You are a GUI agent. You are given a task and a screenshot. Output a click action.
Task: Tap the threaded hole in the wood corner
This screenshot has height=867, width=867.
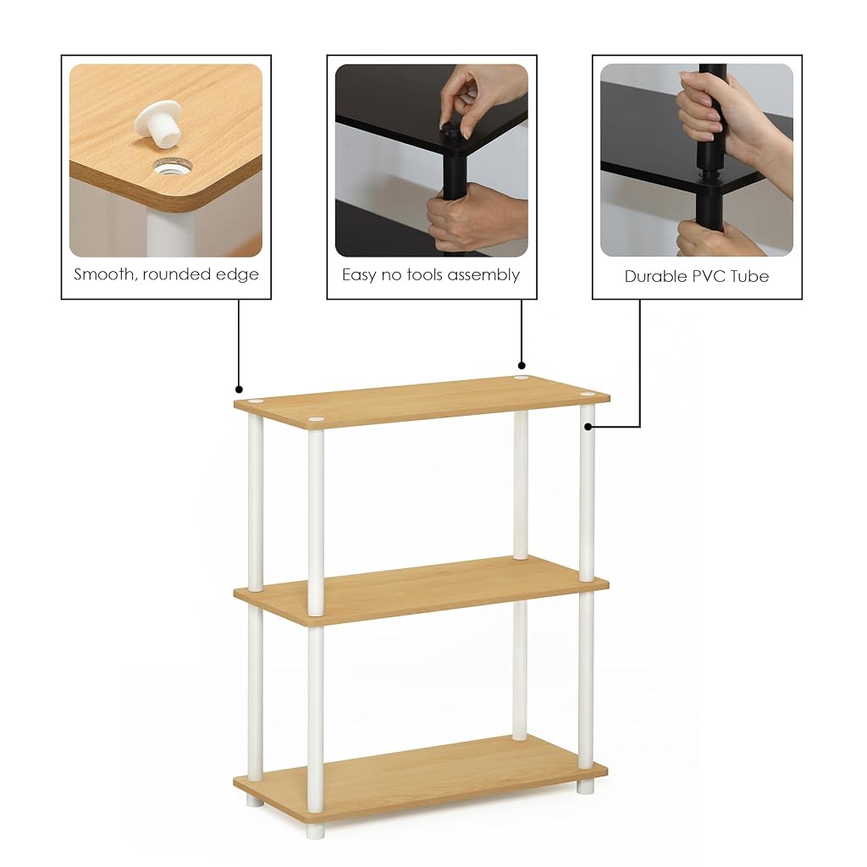(173, 167)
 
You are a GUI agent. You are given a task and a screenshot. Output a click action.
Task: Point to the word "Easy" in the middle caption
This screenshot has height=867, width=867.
(360, 275)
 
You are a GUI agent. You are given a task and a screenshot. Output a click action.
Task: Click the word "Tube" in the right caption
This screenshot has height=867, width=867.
(750, 277)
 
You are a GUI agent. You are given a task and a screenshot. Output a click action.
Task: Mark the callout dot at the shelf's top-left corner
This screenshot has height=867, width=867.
(239, 389)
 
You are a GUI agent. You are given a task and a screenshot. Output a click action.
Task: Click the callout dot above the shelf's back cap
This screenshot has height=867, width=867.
(522, 366)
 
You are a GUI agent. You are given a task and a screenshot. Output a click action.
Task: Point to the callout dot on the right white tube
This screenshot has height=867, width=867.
(588, 427)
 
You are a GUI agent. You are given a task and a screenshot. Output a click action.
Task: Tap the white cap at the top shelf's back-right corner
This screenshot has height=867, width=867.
(521, 378)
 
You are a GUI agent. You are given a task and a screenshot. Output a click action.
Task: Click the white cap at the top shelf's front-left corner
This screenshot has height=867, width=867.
(316, 420)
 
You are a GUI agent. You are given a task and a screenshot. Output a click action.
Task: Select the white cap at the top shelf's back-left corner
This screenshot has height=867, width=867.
(256, 400)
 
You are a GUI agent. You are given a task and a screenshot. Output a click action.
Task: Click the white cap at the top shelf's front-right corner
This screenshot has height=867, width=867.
(588, 395)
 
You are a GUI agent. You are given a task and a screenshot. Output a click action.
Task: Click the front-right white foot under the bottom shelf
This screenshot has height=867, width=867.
(586, 787)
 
